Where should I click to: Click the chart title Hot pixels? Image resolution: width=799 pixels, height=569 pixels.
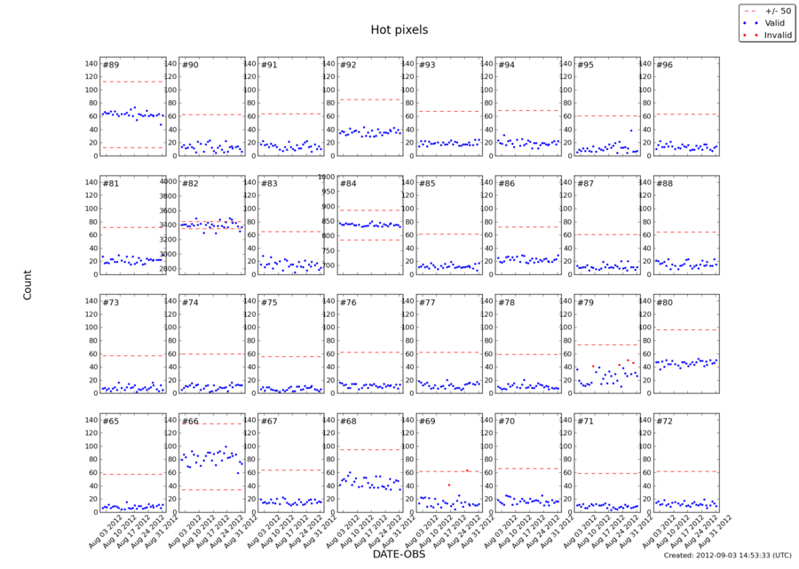click(x=399, y=29)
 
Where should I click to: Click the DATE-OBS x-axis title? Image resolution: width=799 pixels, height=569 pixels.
click(x=399, y=554)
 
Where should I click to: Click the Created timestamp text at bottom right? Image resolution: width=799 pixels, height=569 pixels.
click(x=725, y=556)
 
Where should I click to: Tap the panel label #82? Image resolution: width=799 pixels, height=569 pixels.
click(x=190, y=184)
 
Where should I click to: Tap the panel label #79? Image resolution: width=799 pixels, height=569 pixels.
click(x=585, y=303)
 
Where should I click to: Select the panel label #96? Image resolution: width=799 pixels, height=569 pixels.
click(x=664, y=65)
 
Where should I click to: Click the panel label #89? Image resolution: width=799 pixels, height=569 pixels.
click(x=111, y=65)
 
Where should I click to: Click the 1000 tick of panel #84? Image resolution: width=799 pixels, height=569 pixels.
click(x=326, y=178)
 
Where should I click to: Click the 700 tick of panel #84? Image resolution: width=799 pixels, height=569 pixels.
click(x=328, y=265)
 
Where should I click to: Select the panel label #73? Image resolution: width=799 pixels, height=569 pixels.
click(x=111, y=303)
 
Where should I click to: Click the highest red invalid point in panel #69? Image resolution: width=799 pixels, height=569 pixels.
click(x=468, y=470)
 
